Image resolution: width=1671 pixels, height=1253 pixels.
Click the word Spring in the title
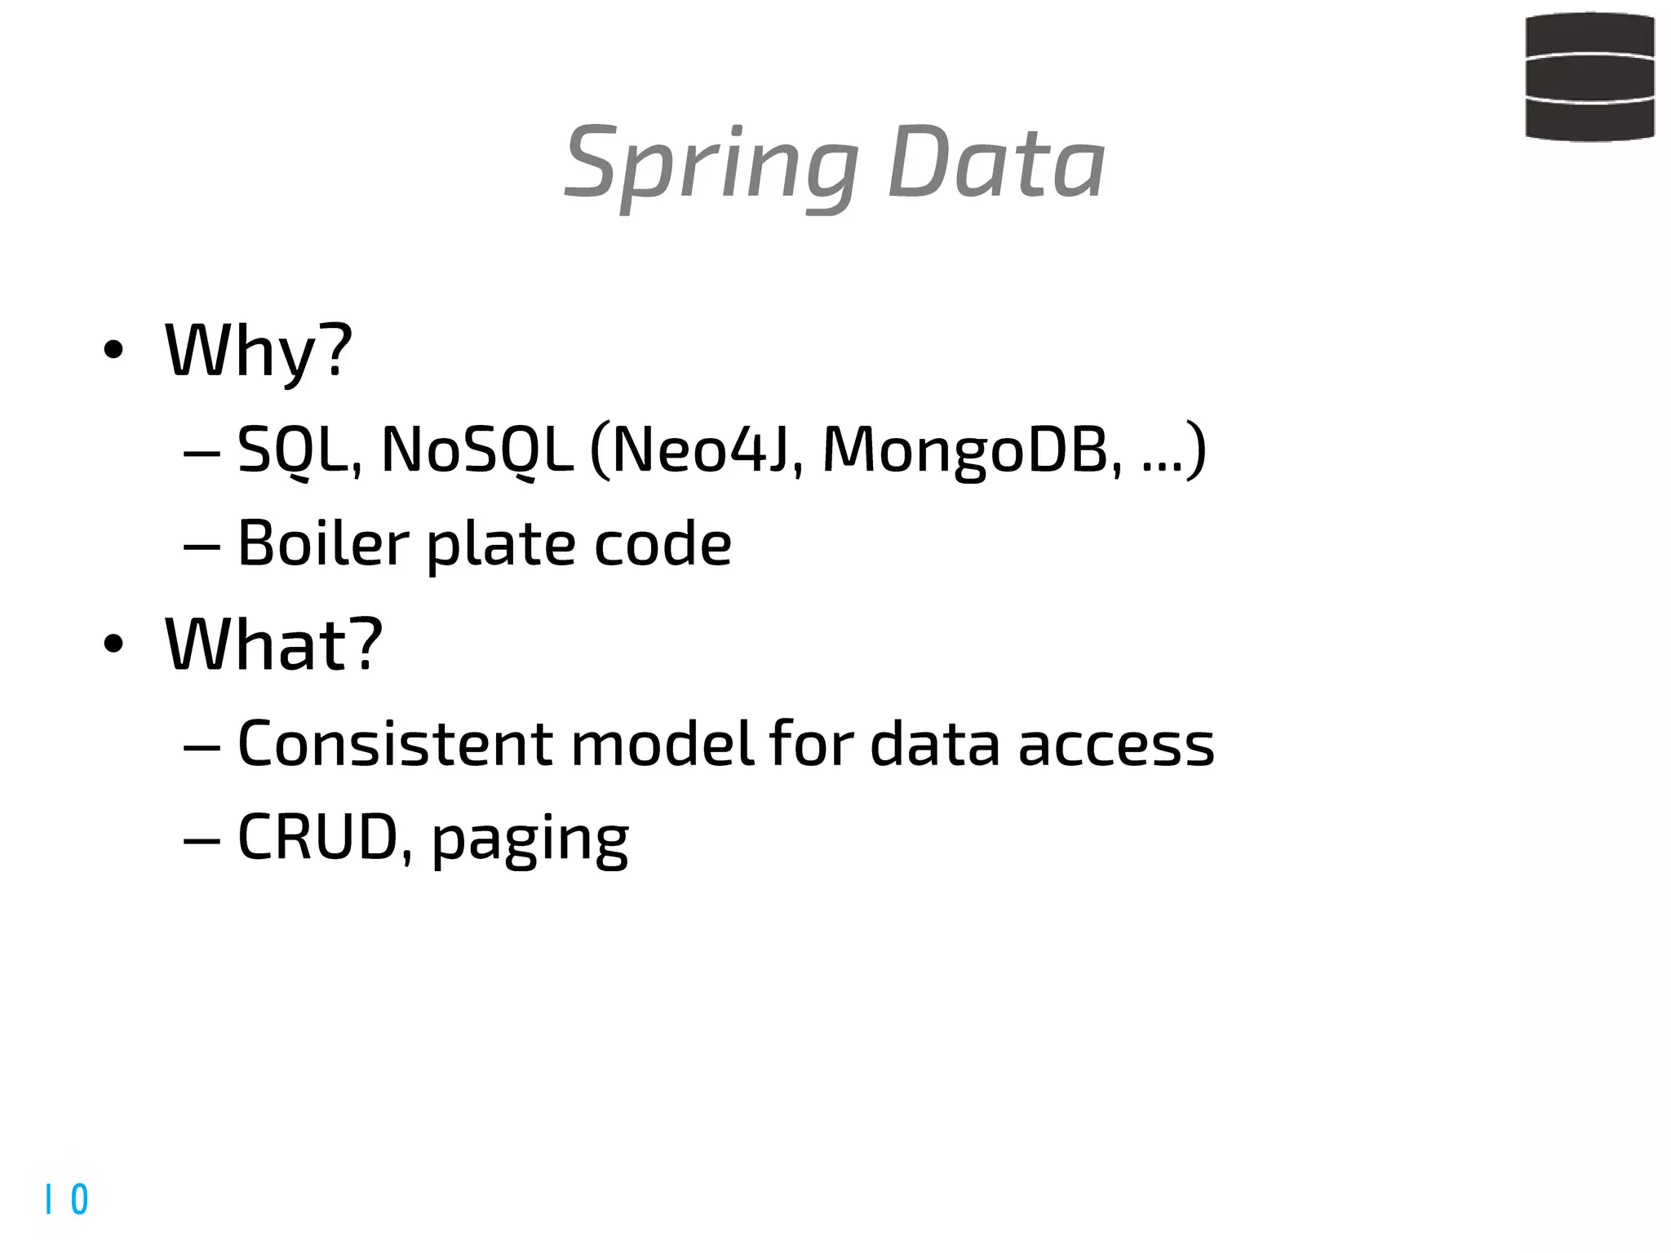[x=710, y=166]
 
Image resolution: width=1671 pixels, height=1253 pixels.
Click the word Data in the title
[x=996, y=163]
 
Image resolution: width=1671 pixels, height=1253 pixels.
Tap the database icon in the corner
[x=1589, y=77]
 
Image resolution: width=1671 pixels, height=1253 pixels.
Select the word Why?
[x=259, y=352]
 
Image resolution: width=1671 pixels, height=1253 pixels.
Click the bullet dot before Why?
[x=113, y=351]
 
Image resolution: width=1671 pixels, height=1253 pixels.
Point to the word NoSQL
[x=476, y=449]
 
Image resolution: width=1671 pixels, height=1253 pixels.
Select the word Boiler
[x=323, y=543]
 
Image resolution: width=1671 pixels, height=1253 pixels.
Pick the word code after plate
[x=662, y=543]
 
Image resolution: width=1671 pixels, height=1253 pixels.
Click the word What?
[x=273, y=645]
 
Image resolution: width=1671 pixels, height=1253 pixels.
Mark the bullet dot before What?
[x=113, y=644]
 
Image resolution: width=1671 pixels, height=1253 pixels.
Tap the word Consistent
[x=395, y=744]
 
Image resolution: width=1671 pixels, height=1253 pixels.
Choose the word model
[x=662, y=744]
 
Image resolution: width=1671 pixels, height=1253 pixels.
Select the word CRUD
[x=317, y=838]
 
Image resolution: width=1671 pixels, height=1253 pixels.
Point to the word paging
[x=530, y=840]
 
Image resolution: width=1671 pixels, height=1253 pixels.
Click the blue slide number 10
[x=67, y=1199]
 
